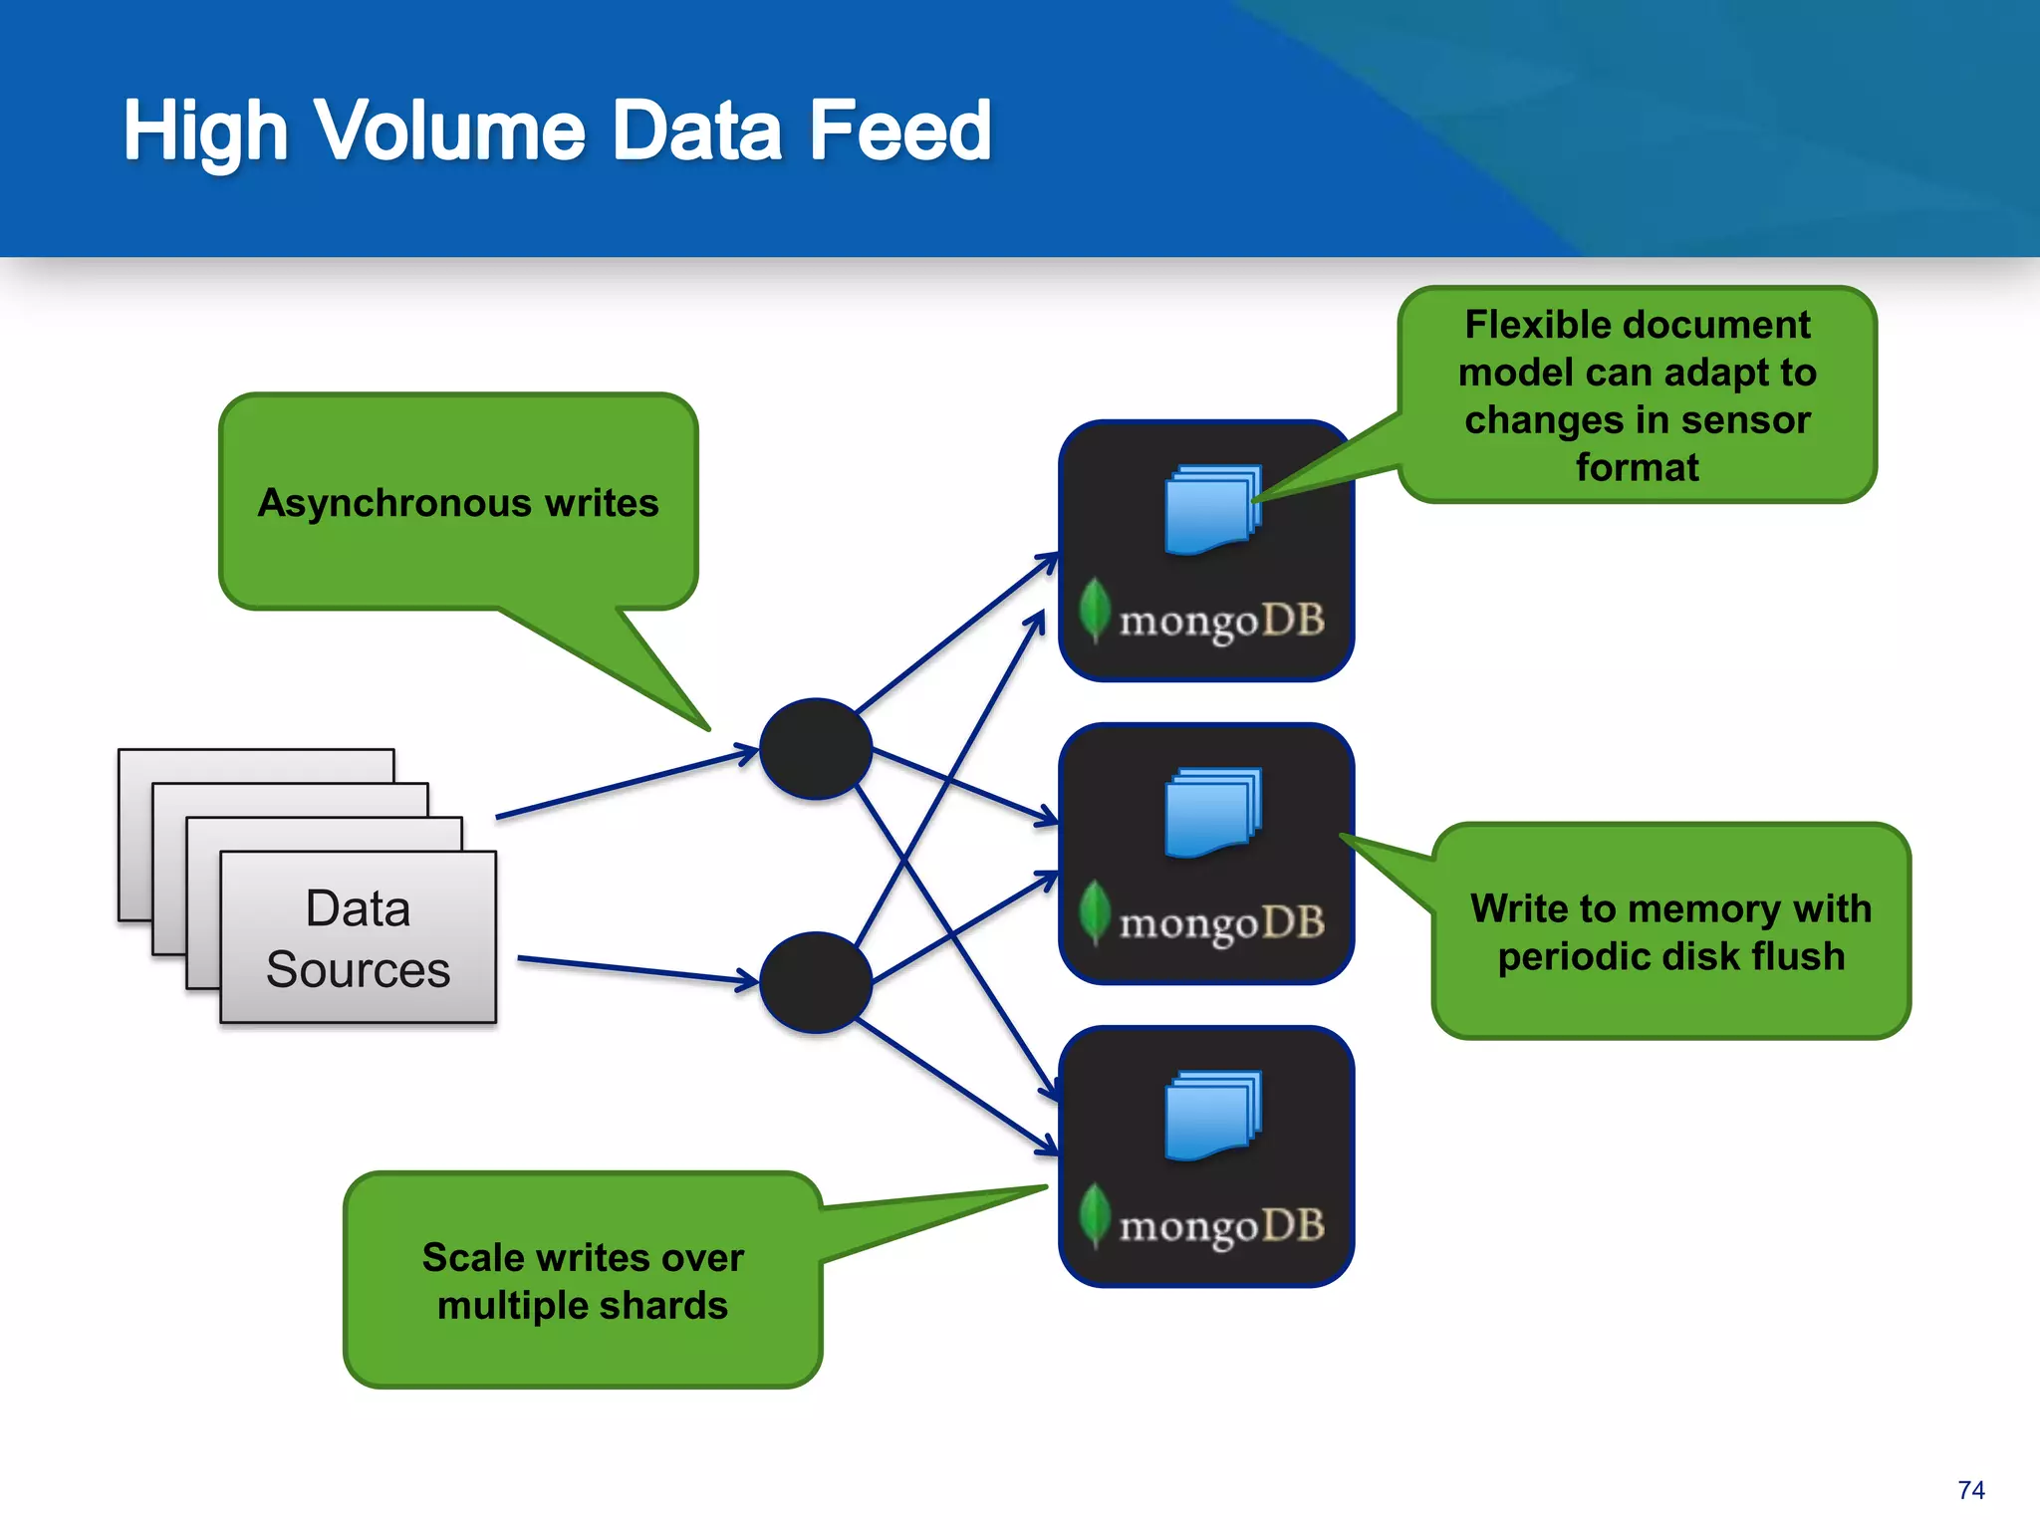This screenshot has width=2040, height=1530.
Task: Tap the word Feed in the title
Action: click(x=899, y=130)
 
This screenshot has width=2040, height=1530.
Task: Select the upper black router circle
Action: click(x=816, y=749)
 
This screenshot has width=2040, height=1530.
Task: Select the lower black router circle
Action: click(x=816, y=982)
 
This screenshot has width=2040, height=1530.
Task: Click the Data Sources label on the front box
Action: click(x=358, y=938)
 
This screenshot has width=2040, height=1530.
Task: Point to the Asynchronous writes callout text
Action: click(x=458, y=503)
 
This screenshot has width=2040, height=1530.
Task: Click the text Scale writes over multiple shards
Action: click(x=583, y=1281)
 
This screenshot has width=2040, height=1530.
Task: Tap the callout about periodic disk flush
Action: click(x=1670, y=932)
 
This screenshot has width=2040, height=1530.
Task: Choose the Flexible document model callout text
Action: click(x=1637, y=395)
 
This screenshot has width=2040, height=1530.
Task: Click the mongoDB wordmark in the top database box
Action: click(x=1221, y=621)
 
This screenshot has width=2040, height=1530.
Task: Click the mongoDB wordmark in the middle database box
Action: click(x=1221, y=923)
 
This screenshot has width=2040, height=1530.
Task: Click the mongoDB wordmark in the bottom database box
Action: click(x=1221, y=1226)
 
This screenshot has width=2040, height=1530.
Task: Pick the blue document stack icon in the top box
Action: click(x=1212, y=509)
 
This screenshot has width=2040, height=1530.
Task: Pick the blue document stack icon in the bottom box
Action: click(x=1212, y=1115)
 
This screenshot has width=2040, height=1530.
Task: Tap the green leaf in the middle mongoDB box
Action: click(x=1095, y=910)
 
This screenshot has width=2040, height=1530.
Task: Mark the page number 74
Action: click(x=1970, y=1490)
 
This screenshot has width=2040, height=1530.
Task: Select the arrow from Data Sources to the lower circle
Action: click(x=637, y=970)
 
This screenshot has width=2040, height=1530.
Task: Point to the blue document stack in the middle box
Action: click(x=1212, y=812)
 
